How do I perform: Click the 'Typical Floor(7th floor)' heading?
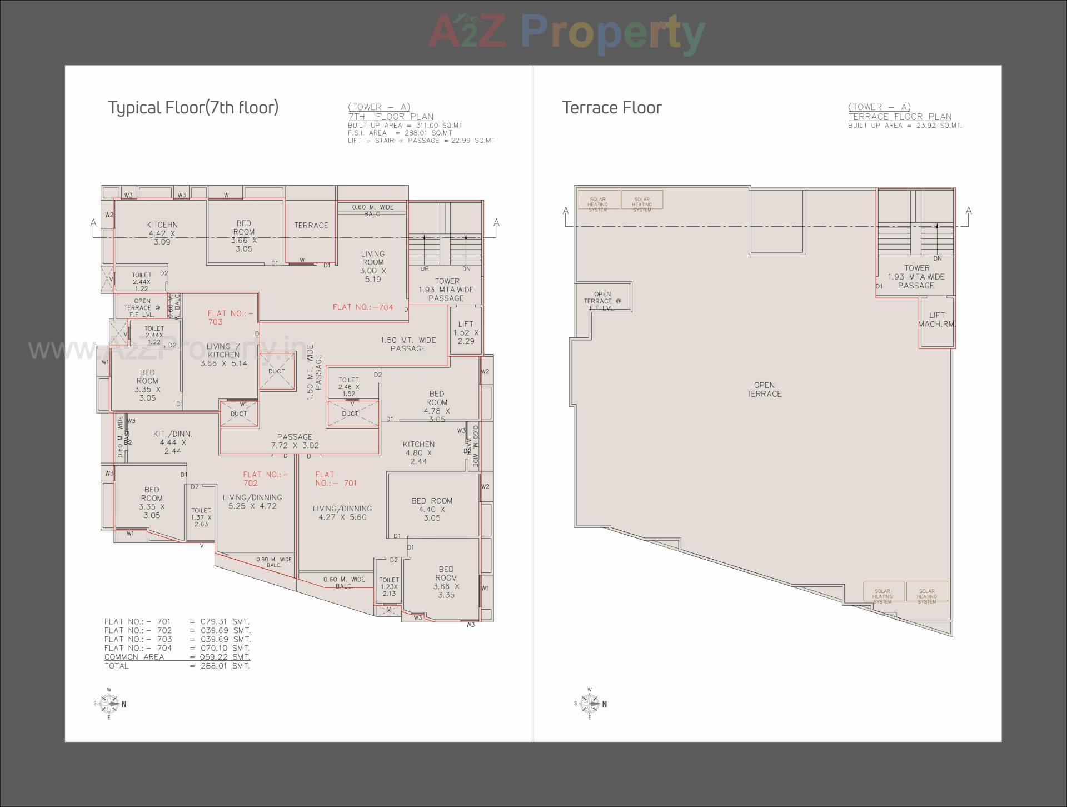tap(193, 107)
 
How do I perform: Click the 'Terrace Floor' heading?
tap(612, 107)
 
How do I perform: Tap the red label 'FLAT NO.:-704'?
tap(363, 307)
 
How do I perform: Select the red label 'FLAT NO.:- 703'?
tap(230, 317)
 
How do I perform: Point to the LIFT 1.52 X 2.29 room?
tap(466, 332)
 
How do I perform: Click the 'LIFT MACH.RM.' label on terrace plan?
tap(936, 320)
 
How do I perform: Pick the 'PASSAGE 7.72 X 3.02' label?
tap(295, 441)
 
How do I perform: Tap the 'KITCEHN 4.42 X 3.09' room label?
tap(162, 233)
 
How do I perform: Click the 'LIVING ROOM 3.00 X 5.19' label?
tap(372, 266)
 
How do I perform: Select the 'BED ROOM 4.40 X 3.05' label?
tap(432, 509)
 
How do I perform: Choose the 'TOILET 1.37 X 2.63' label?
tap(201, 517)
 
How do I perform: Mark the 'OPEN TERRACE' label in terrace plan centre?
tap(764, 389)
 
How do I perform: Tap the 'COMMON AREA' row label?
tap(134, 657)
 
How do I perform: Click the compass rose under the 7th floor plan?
tap(109, 704)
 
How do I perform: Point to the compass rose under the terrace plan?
tap(590, 704)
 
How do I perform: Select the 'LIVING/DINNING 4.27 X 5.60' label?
tap(342, 512)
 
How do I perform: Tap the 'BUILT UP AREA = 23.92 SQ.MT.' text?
tap(905, 126)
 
